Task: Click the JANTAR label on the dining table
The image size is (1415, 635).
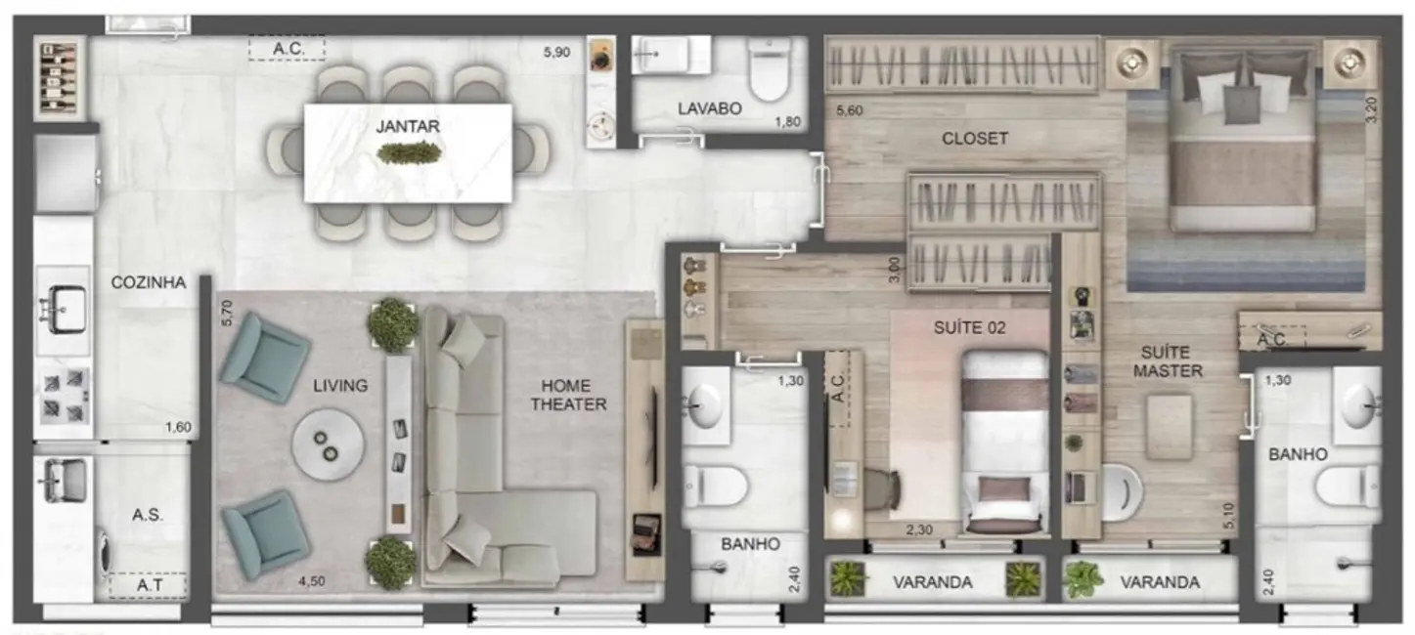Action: (x=408, y=126)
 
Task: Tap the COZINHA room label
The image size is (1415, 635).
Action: (x=148, y=282)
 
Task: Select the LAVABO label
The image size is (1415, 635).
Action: (x=710, y=108)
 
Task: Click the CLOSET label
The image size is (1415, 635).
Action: (x=974, y=139)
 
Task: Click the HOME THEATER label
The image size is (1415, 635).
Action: (x=568, y=394)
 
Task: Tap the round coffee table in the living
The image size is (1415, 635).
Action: (x=332, y=444)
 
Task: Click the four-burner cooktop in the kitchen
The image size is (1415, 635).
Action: (x=64, y=395)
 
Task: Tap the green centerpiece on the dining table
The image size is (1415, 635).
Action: (x=408, y=153)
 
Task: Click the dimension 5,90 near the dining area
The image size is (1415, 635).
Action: (x=555, y=53)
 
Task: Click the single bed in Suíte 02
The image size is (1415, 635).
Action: (x=1004, y=442)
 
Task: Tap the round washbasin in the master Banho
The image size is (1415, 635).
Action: (x=1361, y=409)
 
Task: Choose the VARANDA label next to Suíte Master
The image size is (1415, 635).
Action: (x=1160, y=582)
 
